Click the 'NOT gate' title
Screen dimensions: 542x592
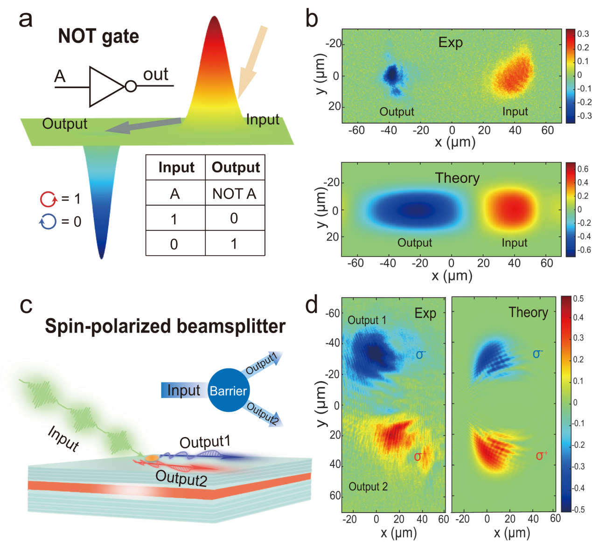coord(98,36)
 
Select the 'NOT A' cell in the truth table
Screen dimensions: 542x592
coord(234,193)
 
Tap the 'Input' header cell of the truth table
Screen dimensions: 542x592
coord(176,167)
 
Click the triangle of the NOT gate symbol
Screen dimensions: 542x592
coord(105,86)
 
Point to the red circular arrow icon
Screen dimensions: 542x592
coord(48,199)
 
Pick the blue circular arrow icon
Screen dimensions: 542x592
coord(48,222)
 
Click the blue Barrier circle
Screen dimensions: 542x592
coord(228,390)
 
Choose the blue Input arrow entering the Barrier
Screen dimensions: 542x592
coord(182,390)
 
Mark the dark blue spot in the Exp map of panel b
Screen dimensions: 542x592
coord(391,74)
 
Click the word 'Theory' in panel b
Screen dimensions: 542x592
coord(457,178)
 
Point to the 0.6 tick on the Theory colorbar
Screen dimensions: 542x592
coord(583,169)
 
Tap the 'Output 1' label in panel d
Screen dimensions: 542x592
coord(367,320)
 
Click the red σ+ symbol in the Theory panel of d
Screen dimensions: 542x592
coord(541,455)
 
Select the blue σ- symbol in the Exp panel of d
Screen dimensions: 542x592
coord(420,355)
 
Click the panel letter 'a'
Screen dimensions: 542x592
coord(26,20)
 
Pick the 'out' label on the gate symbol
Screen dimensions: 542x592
coord(155,75)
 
